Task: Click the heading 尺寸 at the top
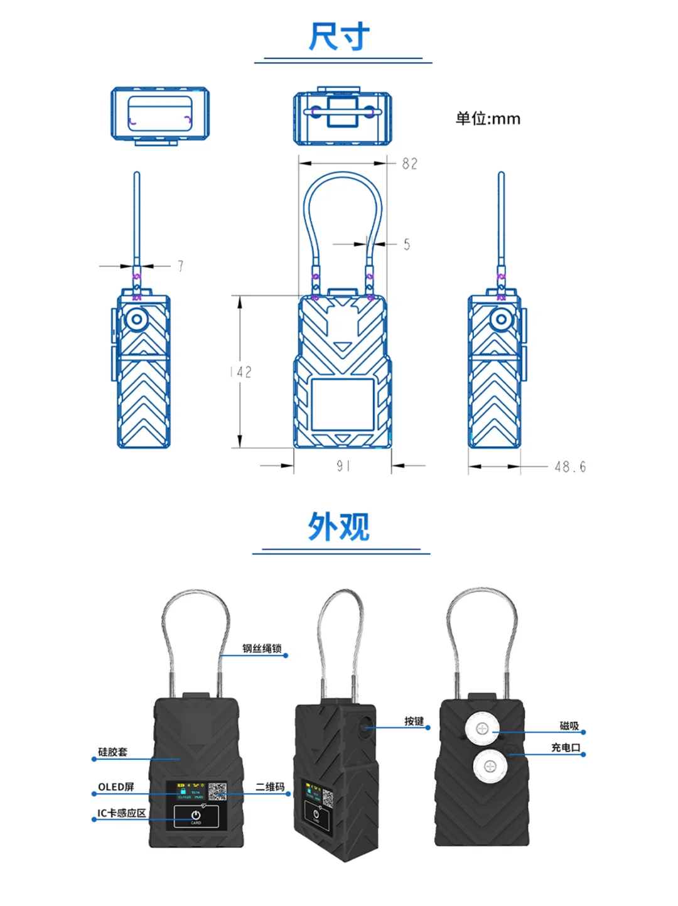339,36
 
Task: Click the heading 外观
339,527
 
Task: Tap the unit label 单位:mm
488,119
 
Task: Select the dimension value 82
410,164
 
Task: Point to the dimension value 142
241,372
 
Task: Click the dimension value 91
343,466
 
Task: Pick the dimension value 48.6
570,467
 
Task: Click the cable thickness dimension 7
180,266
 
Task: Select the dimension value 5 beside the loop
407,244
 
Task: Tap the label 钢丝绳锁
262,649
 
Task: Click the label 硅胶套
113,752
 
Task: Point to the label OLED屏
116,787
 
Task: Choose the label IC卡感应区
122,813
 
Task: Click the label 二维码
270,787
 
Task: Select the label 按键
414,721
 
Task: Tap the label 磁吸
569,726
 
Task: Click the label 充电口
566,747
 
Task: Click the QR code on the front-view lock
217,792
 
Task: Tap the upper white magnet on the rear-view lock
482,728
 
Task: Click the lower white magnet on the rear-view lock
490,766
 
